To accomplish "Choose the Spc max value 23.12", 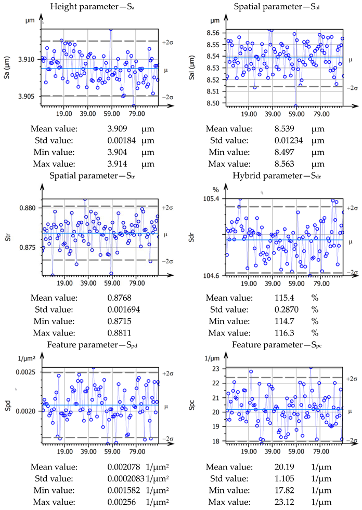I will tap(285, 502).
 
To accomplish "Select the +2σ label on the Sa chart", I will tap(167, 42).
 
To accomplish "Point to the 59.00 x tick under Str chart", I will tap(111, 284).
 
